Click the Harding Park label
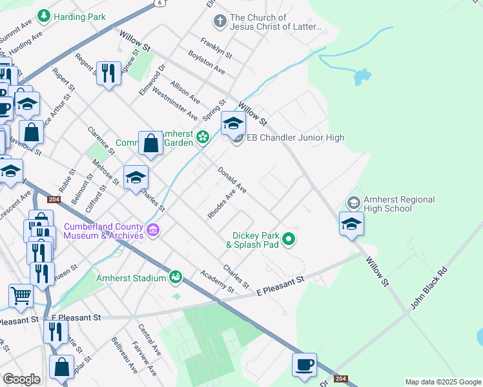point(80,16)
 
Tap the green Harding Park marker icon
point(44,15)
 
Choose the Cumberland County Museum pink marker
point(153,230)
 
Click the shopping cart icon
point(21,295)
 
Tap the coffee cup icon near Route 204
point(304,364)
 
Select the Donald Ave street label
point(232,181)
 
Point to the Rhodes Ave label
point(221,204)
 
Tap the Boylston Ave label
point(207,64)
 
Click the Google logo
point(21,379)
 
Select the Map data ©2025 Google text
point(442,382)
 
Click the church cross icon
point(220,22)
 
